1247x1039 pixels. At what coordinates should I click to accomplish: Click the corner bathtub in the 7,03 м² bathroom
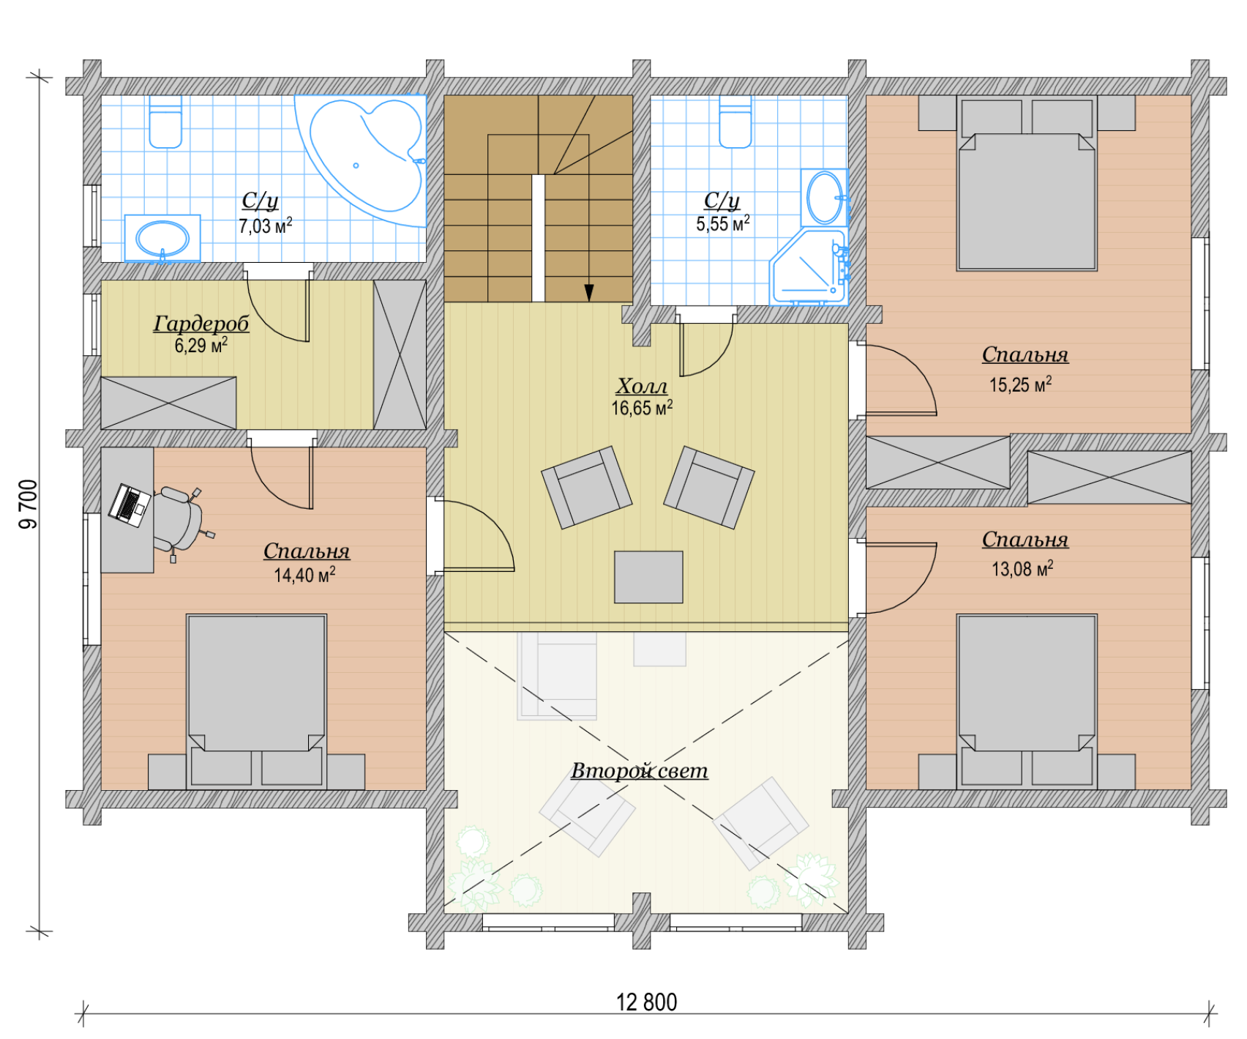coord(366,157)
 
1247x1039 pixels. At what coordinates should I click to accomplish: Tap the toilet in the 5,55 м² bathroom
coord(735,122)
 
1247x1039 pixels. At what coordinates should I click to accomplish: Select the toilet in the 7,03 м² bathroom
coord(165,122)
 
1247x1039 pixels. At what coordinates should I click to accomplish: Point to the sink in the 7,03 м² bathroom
coord(162,238)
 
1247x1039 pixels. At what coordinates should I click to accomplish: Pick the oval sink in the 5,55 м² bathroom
coord(825,198)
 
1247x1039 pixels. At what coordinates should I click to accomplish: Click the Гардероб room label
coord(201,323)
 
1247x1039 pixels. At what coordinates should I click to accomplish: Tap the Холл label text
coord(642,386)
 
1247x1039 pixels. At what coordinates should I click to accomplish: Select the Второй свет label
coord(640,770)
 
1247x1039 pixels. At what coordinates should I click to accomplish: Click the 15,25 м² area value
coord(1021,384)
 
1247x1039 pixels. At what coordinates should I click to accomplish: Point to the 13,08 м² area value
coord(1022,568)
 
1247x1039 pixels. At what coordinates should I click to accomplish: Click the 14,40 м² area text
coord(304,575)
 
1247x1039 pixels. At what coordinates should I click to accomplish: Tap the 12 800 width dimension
coord(647,1002)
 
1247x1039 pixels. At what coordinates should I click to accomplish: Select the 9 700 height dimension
coord(28,504)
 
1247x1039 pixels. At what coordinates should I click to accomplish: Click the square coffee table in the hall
coord(648,577)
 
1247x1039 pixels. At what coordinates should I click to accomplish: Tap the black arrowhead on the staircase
coord(589,293)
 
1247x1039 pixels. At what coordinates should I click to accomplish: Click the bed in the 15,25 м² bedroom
coord(1027,183)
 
